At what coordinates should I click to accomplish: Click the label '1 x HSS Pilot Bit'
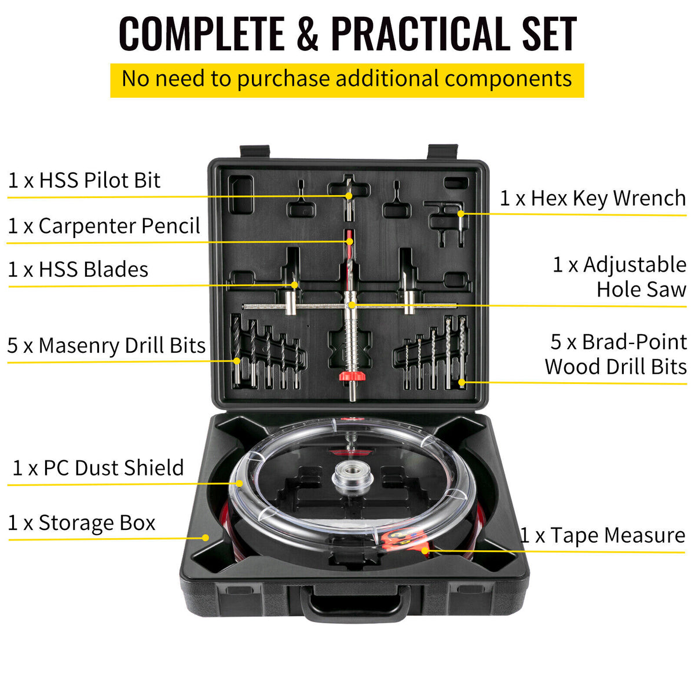(x=84, y=180)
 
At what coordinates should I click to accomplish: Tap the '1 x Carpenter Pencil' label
(x=104, y=226)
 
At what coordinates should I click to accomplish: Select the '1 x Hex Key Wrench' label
(x=592, y=198)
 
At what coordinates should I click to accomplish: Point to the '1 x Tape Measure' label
(x=602, y=535)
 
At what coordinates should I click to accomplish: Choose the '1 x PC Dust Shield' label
(x=98, y=467)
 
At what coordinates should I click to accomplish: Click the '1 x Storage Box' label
(x=82, y=522)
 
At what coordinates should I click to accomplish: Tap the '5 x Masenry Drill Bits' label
(x=107, y=345)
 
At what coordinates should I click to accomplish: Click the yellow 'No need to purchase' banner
(x=347, y=79)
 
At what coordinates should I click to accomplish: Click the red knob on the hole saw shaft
(x=352, y=376)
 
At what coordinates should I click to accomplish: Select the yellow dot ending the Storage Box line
(x=205, y=537)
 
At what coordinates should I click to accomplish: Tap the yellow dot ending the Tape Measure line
(x=425, y=550)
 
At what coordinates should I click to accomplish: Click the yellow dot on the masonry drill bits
(x=237, y=361)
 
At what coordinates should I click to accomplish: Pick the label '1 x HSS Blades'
(x=78, y=269)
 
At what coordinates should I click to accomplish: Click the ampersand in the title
(x=307, y=34)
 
